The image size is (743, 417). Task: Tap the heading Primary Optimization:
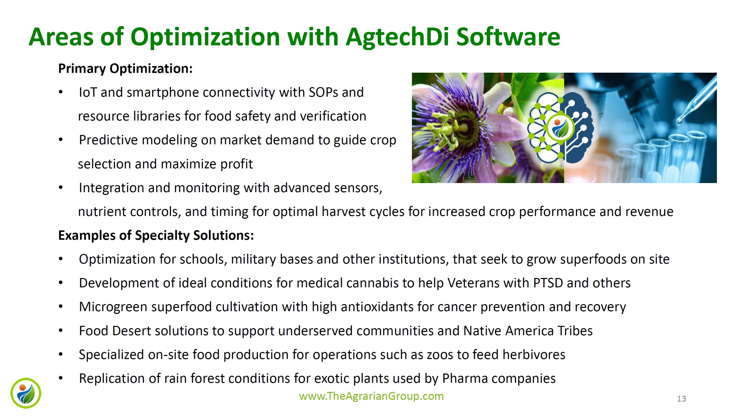click(125, 69)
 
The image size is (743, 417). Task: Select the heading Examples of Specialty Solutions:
click(156, 235)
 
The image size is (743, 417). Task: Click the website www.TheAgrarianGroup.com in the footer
click(371, 396)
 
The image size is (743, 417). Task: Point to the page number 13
click(681, 399)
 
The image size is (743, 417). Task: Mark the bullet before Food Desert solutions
click(61, 331)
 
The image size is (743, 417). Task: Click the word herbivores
click(534, 355)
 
